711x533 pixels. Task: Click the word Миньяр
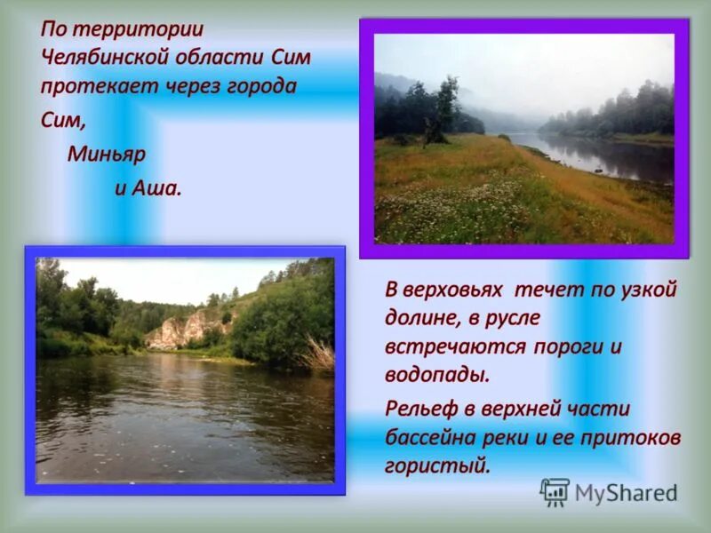[x=107, y=155]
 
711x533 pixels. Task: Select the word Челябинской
[x=103, y=58]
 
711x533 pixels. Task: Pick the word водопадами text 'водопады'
[x=436, y=374]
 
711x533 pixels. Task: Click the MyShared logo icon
[x=555, y=492]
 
